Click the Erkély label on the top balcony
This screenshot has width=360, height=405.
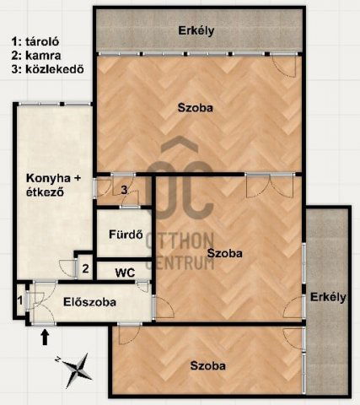(x=196, y=30)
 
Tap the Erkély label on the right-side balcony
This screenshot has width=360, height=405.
(x=328, y=297)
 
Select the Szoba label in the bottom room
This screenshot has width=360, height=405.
(x=207, y=365)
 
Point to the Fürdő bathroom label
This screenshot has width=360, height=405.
(x=126, y=235)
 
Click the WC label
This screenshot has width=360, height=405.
(x=125, y=273)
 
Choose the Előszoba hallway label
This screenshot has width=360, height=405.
(x=89, y=302)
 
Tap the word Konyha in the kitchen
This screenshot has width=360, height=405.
(x=48, y=178)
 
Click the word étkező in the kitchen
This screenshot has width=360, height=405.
(x=45, y=192)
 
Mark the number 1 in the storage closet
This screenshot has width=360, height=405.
(x=20, y=301)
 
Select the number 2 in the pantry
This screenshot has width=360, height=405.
(x=85, y=268)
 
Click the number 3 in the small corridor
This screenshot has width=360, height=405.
(x=124, y=190)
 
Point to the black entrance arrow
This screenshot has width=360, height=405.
(x=45, y=337)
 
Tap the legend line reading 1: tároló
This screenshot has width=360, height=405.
(x=35, y=41)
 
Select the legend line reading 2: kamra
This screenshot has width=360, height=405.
(x=36, y=56)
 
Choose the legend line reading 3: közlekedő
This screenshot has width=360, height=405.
(x=48, y=69)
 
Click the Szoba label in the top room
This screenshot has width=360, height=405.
(x=196, y=108)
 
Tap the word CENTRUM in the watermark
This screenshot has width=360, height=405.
(x=180, y=263)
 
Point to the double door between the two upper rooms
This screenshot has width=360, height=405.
(x=271, y=186)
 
